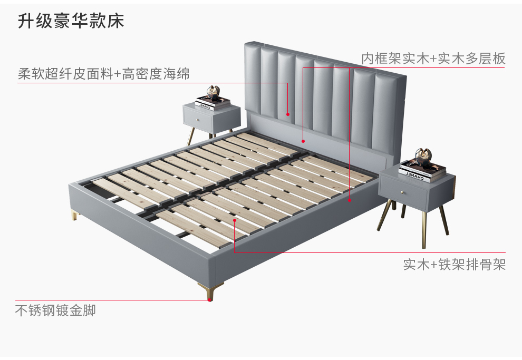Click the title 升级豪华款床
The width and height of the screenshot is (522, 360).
coord(71,21)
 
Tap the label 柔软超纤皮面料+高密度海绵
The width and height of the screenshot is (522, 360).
coord(103,74)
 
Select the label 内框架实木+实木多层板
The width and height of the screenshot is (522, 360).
coord(433,59)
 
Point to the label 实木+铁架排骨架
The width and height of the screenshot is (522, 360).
coord(454,264)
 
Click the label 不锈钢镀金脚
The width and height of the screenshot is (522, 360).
coord(55,310)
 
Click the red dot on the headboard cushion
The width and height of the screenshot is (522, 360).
coord(288,114)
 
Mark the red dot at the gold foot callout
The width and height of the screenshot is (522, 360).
coord(209,299)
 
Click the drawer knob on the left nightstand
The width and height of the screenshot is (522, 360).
coord(198,120)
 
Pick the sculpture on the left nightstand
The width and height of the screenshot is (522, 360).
coord(214,93)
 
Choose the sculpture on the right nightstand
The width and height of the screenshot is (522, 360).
coord(423,155)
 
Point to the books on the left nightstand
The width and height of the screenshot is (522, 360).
coord(212,103)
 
